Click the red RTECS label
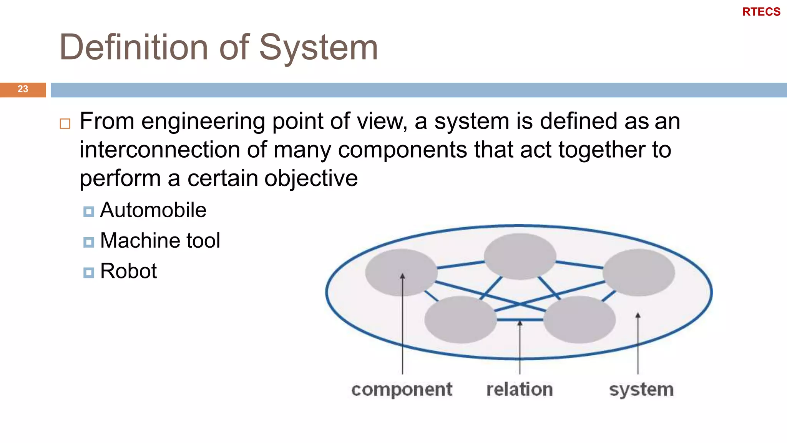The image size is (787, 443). [761, 12]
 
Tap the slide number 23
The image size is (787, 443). [23, 89]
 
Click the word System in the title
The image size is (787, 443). [319, 48]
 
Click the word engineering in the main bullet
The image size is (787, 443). [203, 122]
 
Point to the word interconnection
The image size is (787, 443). [160, 150]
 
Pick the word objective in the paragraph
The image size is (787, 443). [311, 178]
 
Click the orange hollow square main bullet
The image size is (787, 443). [65, 124]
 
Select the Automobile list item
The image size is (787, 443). [153, 210]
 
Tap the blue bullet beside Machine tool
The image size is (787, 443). [89, 242]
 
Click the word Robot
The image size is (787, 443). [128, 271]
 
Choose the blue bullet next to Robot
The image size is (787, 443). [89, 273]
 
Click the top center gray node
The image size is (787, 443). [520, 256]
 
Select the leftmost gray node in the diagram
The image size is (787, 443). [401, 272]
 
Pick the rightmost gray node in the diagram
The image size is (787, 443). [638, 272]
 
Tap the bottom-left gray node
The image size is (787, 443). [460, 320]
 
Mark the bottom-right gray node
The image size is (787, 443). [579, 320]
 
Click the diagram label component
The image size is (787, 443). [402, 390]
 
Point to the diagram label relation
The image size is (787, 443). [520, 390]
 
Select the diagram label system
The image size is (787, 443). [641, 390]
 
